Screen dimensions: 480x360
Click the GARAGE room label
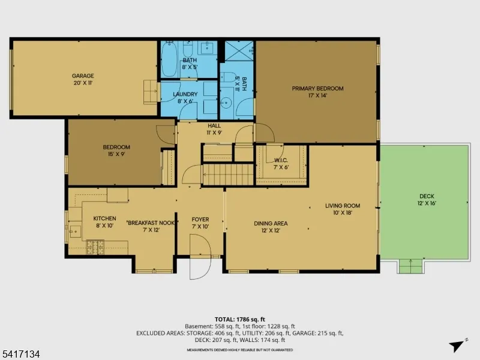[83, 79]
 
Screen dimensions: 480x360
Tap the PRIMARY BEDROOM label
[317, 92]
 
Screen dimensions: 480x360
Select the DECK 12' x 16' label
[427, 199]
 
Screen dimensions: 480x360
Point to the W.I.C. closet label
[281, 164]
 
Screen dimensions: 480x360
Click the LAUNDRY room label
[185, 97]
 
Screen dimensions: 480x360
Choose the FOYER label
[200, 223]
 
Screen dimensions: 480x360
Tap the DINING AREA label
[271, 227]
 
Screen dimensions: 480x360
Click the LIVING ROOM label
[343, 209]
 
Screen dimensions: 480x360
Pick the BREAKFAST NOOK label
[151, 226]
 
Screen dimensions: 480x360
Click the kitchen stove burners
[95, 247]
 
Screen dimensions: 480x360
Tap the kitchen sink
[74, 232]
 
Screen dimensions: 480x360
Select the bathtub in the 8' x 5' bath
[169, 59]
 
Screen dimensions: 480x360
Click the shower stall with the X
[239, 50]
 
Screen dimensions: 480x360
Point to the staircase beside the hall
[228, 175]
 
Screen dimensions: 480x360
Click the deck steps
[411, 266]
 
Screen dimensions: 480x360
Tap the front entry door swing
[200, 257]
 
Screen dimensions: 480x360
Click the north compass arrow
[457, 346]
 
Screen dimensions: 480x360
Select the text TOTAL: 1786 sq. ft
[239, 320]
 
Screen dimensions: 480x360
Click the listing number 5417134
[20, 355]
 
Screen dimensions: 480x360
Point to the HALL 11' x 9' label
[214, 129]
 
